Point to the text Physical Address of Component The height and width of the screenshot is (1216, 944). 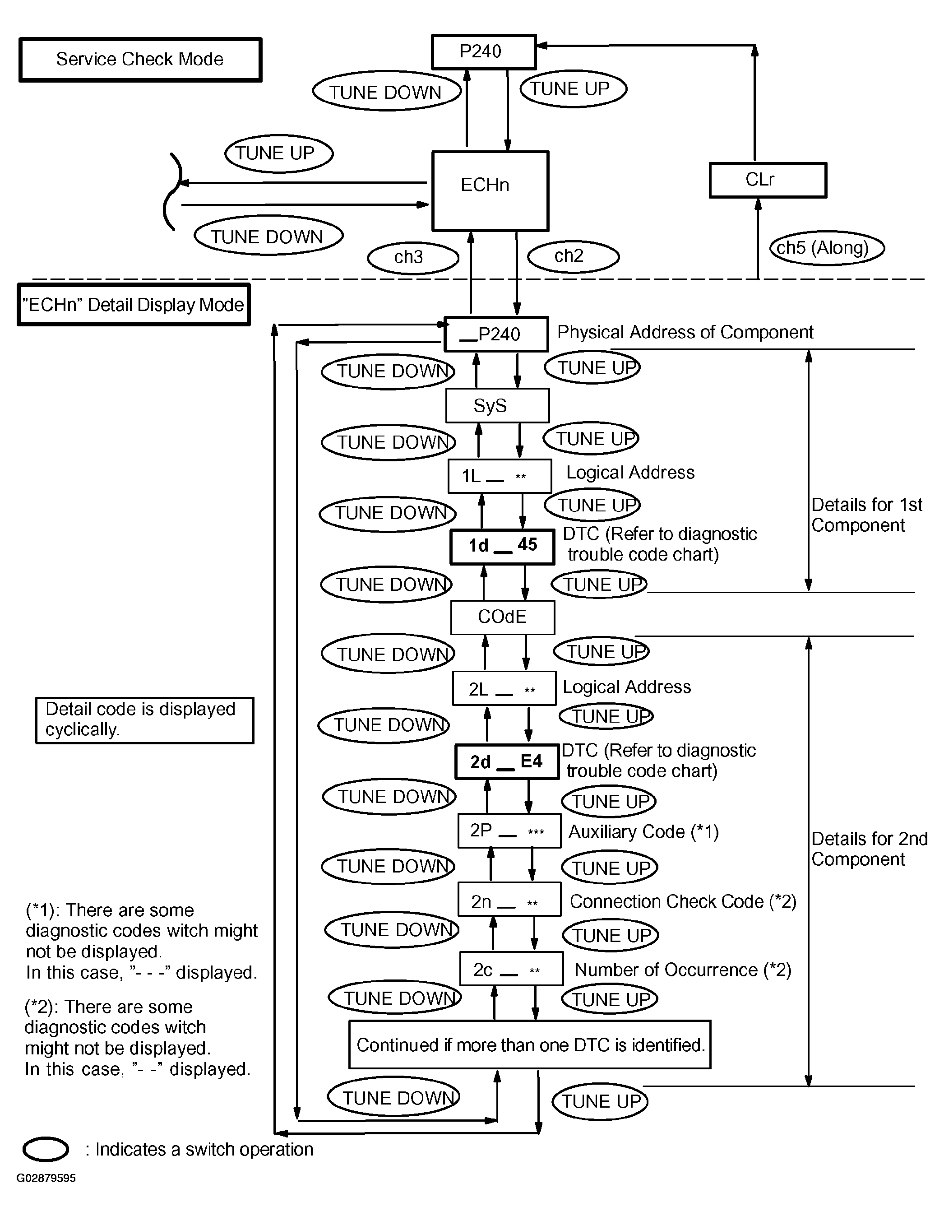tap(685, 332)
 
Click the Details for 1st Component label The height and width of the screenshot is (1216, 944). tap(867, 515)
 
